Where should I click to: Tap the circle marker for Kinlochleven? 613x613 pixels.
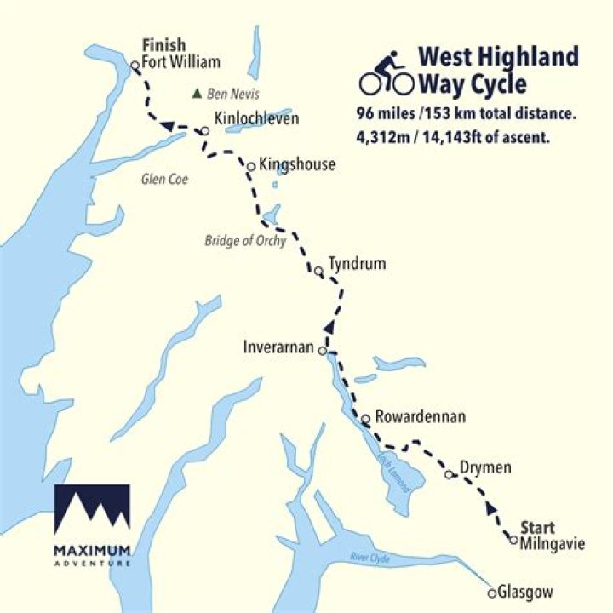pos(204,131)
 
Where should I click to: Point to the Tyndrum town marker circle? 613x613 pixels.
pos(318,272)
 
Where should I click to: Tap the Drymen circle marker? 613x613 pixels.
pos(450,475)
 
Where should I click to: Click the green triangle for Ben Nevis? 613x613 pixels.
pos(198,94)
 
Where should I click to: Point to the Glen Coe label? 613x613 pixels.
pos(163,179)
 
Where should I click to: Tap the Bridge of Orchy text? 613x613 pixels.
pos(244,241)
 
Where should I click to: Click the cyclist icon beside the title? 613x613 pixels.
pos(386,74)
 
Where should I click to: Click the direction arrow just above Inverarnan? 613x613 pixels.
pos(329,325)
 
